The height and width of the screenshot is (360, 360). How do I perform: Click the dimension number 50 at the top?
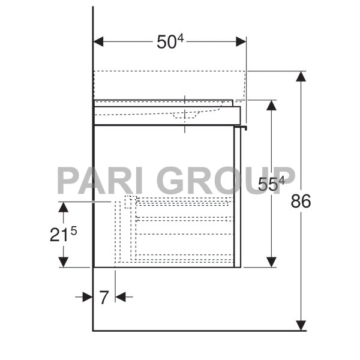[x=166, y=42]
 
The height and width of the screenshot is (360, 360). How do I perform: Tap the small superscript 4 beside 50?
[x=179, y=38]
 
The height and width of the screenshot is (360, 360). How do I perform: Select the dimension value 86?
[x=301, y=202]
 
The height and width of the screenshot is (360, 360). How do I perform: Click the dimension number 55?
[x=267, y=185]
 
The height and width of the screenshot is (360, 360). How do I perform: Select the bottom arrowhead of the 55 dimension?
[x=271, y=262]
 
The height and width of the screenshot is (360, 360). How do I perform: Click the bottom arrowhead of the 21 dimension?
[x=63, y=262]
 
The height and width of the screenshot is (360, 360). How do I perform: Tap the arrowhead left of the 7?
[x=88, y=296]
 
